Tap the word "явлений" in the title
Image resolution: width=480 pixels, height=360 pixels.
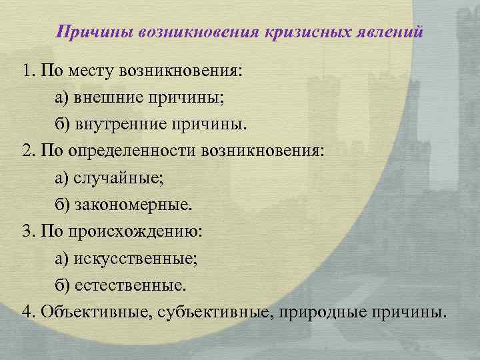(x=389, y=31)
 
